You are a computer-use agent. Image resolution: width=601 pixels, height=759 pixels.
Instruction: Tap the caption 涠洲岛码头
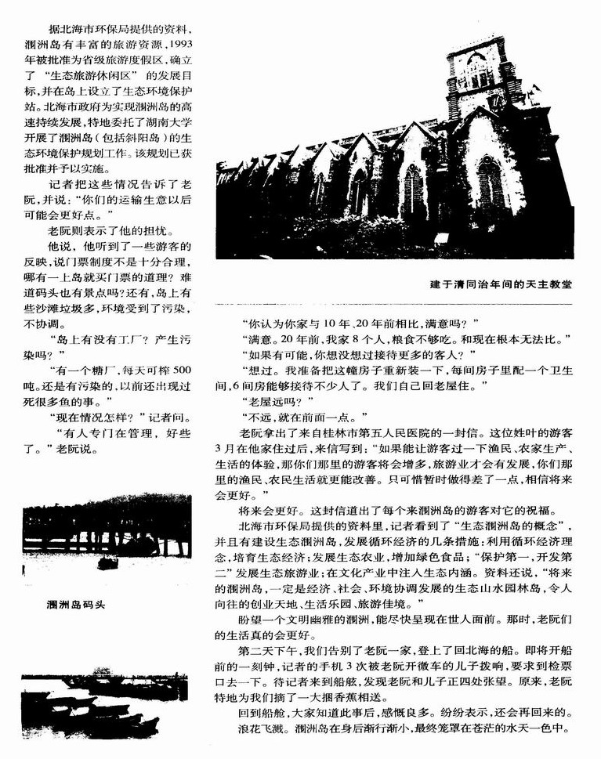(76, 604)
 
